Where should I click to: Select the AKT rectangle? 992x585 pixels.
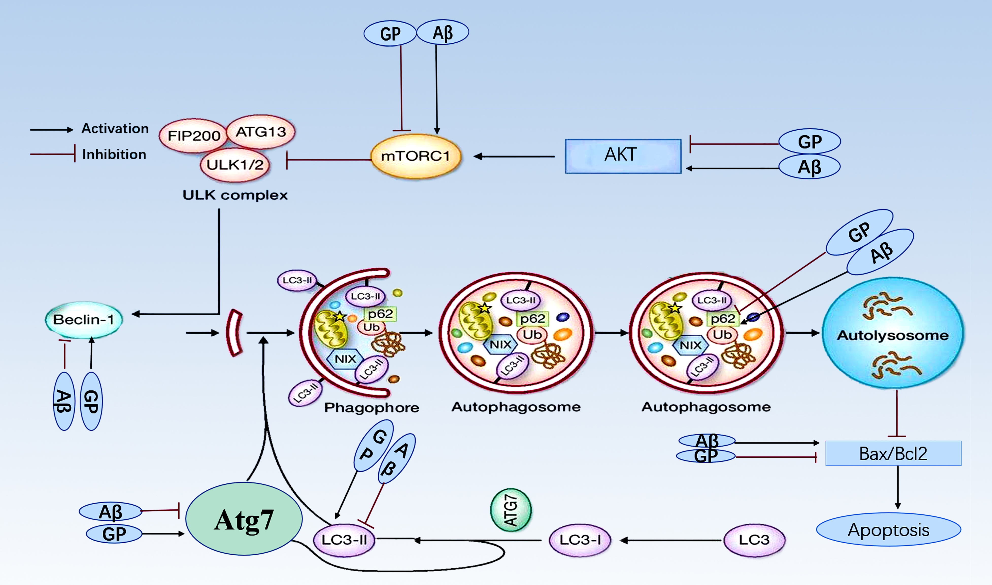click(623, 156)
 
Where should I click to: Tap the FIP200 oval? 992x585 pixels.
click(194, 136)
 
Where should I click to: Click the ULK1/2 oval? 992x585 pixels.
click(235, 165)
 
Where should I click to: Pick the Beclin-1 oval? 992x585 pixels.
click(83, 320)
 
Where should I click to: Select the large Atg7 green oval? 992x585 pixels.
click(244, 519)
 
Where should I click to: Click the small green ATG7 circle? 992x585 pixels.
click(511, 510)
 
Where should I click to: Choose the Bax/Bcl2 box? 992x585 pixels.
click(893, 453)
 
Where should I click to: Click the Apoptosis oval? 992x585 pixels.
click(888, 530)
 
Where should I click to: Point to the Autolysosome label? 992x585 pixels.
click(893, 335)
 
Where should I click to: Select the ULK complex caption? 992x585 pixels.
click(235, 195)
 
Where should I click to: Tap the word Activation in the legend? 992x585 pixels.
click(115, 129)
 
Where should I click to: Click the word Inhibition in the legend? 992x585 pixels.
click(114, 154)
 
